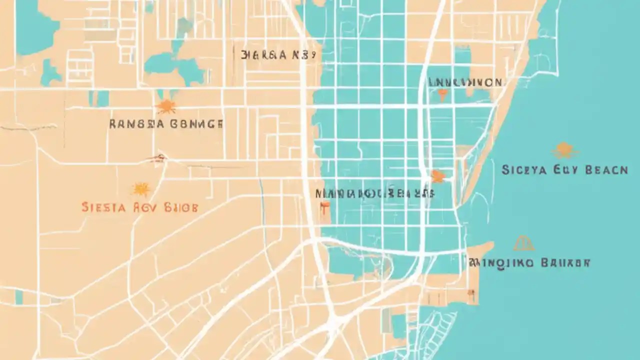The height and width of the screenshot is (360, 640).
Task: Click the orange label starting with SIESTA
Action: [139, 207]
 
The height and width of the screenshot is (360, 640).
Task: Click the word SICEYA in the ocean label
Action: [523, 170]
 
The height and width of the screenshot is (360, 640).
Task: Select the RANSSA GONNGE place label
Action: [166, 124]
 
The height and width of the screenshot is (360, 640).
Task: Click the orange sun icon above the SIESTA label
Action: [141, 189]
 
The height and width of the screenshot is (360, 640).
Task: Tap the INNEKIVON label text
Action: [465, 82]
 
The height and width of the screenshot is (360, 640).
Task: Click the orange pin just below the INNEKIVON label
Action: [442, 94]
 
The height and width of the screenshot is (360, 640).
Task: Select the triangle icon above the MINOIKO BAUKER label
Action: [523, 243]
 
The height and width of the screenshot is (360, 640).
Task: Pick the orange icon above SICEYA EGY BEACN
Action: [564, 150]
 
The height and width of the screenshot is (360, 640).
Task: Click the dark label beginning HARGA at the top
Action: [278, 55]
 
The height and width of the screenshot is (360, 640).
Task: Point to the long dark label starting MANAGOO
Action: [375, 193]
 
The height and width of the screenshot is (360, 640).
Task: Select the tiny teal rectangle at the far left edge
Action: [19, 297]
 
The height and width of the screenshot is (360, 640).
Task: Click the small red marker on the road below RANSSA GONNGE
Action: [158, 158]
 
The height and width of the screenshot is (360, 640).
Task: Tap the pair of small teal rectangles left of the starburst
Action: [98, 98]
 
